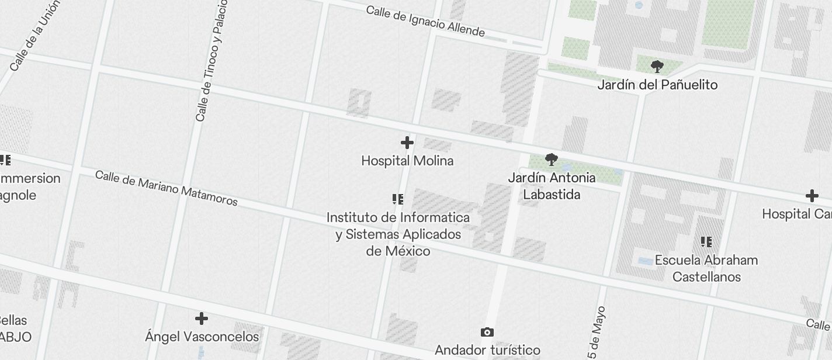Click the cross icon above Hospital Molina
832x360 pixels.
click(x=407, y=143)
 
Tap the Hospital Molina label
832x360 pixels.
click(x=407, y=161)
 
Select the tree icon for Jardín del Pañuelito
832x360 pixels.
click(x=657, y=67)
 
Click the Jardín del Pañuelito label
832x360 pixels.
click(x=657, y=85)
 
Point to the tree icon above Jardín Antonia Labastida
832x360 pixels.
click(x=551, y=160)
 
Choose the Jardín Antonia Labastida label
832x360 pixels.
click(x=552, y=186)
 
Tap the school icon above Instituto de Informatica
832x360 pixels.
click(x=398, y=199)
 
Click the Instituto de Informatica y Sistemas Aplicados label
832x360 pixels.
click(x=398, y=234)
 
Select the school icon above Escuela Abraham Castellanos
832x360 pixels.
click(x=706, y=242)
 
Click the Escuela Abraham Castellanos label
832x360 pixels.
click(x=706, y=268)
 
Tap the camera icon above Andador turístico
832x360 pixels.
click(x=487, y=333)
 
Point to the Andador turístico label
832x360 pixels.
click(x=487, y=350)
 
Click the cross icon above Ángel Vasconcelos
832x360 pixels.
click(x=202, y=319)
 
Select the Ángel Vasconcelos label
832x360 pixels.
click(x=202, y=337)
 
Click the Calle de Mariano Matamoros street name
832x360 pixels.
click(x=167, y=188)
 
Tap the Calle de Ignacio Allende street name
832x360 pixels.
click(x=425, y=21)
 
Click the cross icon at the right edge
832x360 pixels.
click(x=812, y=196)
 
